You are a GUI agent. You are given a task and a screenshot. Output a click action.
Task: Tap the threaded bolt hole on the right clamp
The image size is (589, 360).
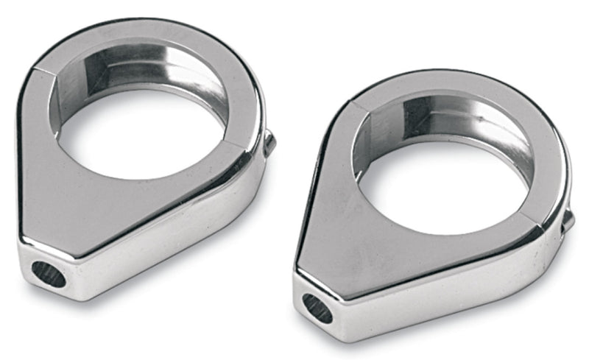pyautogui.click(x=317, y=308)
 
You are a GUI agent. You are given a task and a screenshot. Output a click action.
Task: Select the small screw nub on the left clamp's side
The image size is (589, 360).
pyautogui.click(x=269, y=142)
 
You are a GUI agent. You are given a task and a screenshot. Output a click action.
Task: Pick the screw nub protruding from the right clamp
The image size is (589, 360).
pyautogui.click(x=568, y=219)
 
